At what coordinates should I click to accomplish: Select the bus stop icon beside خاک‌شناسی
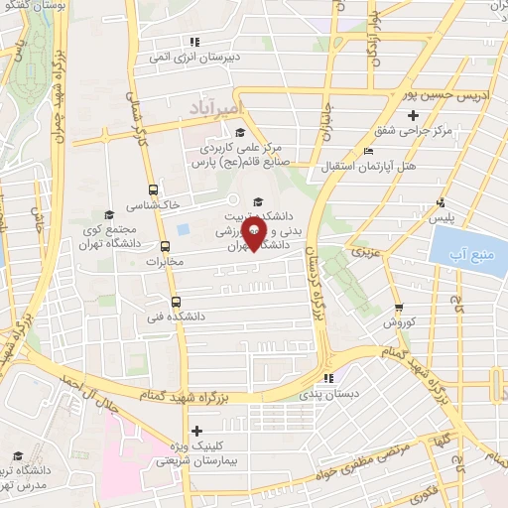(152, 189)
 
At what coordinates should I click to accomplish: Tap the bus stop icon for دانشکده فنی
(177, 303)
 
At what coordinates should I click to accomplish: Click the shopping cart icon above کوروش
(399, 309)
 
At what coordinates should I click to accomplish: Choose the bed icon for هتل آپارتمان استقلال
(369, 151)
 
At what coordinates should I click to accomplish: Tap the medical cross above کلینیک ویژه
(196, 431)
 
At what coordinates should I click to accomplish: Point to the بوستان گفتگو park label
(34, 9)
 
